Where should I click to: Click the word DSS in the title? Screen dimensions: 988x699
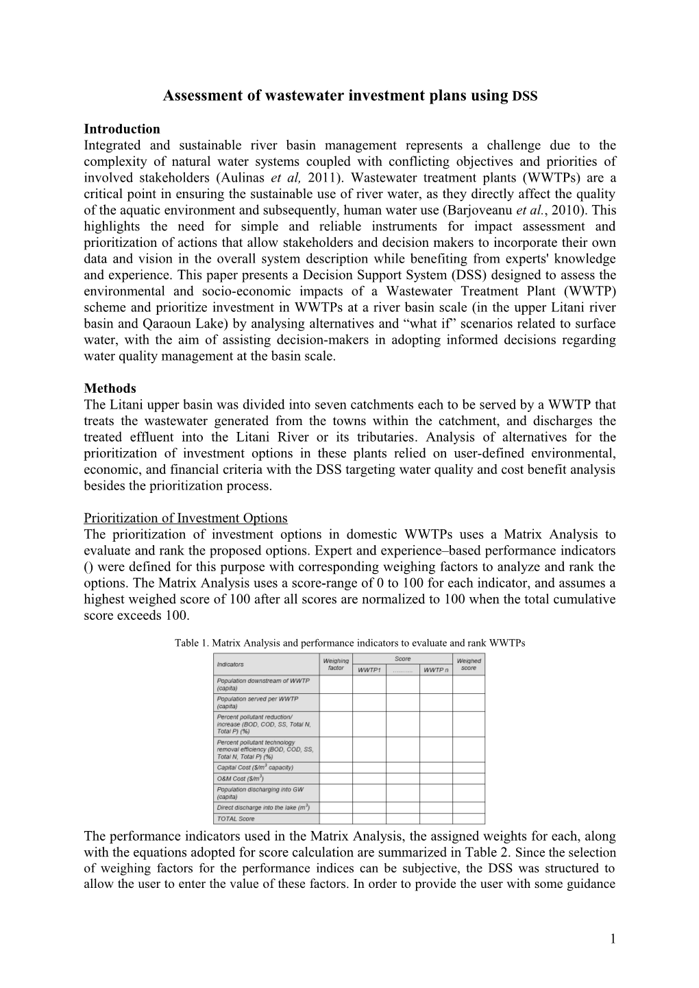525,97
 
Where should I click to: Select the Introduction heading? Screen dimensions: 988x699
121,129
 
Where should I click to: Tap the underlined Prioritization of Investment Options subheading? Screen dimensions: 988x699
185,518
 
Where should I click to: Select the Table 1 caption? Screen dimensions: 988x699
349,643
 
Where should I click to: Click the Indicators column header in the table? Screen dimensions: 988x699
230,664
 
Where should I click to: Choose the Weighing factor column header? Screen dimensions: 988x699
336,664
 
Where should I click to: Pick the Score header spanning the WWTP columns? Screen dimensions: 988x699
402,659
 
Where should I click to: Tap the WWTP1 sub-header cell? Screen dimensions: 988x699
369,670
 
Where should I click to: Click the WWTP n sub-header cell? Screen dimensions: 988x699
436,670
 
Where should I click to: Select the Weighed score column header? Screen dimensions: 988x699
469,664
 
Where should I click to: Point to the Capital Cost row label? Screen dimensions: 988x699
255,768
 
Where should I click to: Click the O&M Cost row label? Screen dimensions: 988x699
241,779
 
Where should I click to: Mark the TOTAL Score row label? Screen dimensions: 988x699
236,819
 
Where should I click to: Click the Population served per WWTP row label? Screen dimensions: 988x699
258,702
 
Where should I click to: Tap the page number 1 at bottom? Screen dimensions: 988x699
613,939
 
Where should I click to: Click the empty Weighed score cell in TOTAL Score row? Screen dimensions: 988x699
469,819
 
